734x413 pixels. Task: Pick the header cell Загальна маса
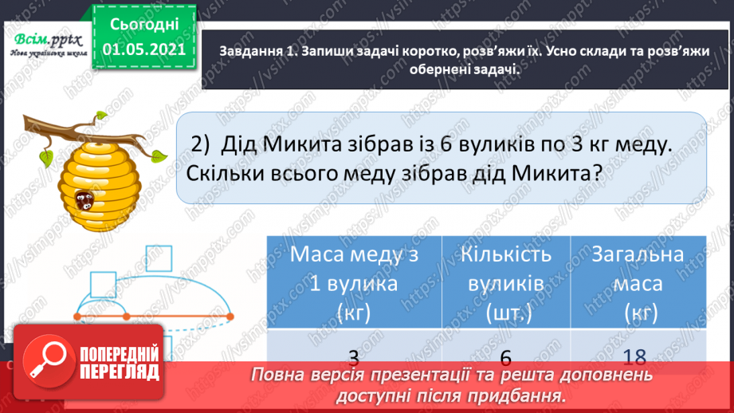pyautogui.click(x=638, y=282)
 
